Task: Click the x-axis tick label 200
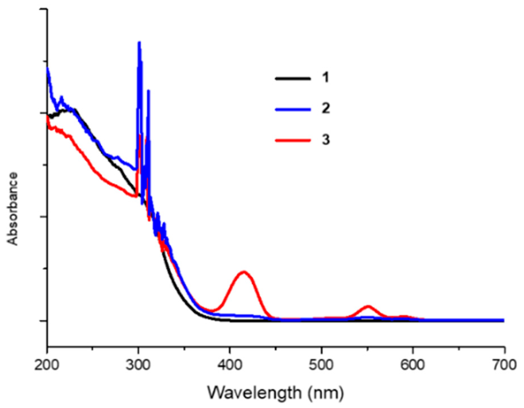pyautogui.click(x=47, y=365)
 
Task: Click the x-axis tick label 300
pyautogui.click(x=138, y=365)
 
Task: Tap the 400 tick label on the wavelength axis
pyautogui.click(x=230, y=365)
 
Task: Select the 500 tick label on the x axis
pyautogui.click(x=321, y=365)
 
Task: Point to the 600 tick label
pyautogui.click(x=413, y=365)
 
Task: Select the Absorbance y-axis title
pyautogui.click(x=13, y=209)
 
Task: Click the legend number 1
pyautogui.click(x=326, y=77)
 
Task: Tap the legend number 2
pyautogui.click(x=326, y=108)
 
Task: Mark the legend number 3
pyautogui.click(x=326, y=139)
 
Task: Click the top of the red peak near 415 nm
pyautogui.click(x=244, y=272)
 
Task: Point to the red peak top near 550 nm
pyautogui.click(x=368, y=306)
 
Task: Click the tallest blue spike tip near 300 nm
pyautogui.click(x=139, y=42)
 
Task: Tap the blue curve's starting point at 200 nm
pyautogui.click(x=47, y=68)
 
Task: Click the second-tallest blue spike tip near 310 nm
pyautogui.click(x=149, y=90)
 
